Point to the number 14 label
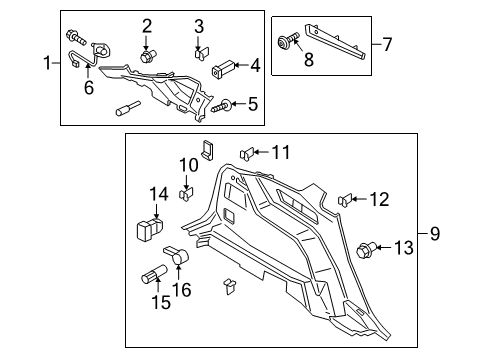tap(159, 194)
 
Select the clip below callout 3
tap(199, 52)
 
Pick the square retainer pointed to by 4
tap(221, 69)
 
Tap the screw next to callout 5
tap(221, 105)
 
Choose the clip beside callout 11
tap(247, 153)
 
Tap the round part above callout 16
tap(181, 259)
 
